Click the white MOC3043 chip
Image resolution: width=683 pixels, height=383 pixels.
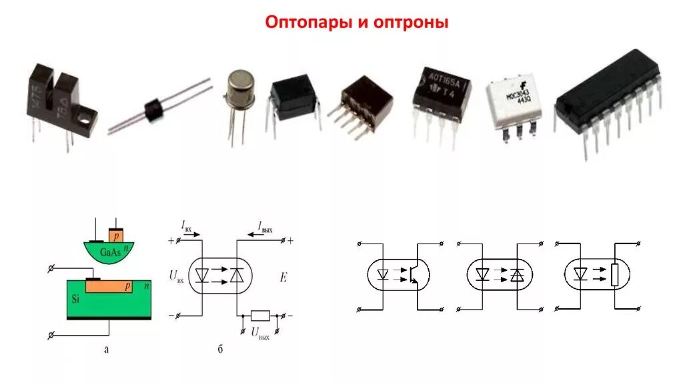click(512, 104)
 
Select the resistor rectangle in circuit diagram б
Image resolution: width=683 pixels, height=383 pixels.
click(259, 315)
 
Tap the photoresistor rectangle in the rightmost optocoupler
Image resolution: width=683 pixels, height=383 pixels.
click(615, 274)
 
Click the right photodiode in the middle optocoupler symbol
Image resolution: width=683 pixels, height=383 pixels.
click(516, 274)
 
